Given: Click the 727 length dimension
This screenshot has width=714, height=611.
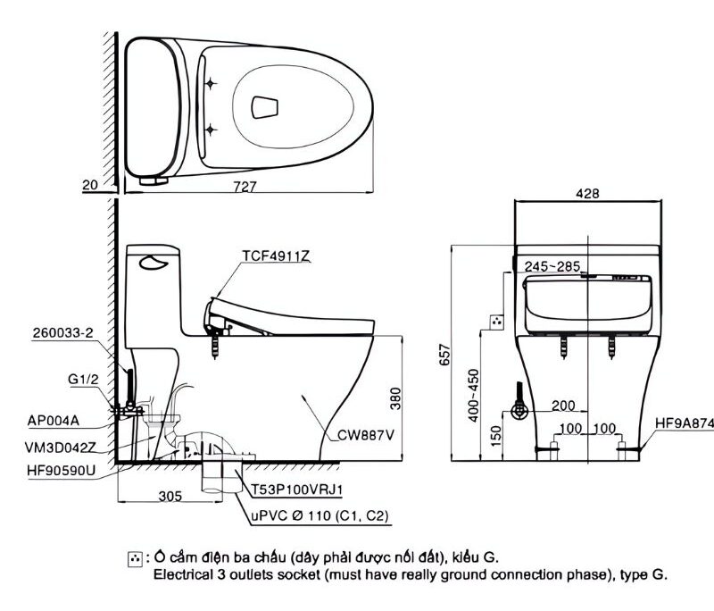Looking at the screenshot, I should [245, 186].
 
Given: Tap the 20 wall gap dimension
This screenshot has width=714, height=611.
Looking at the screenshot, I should [88, 186].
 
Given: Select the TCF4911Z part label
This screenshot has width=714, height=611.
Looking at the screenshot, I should [276, 255].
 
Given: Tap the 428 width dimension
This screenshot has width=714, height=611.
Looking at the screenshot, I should [587, 193].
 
